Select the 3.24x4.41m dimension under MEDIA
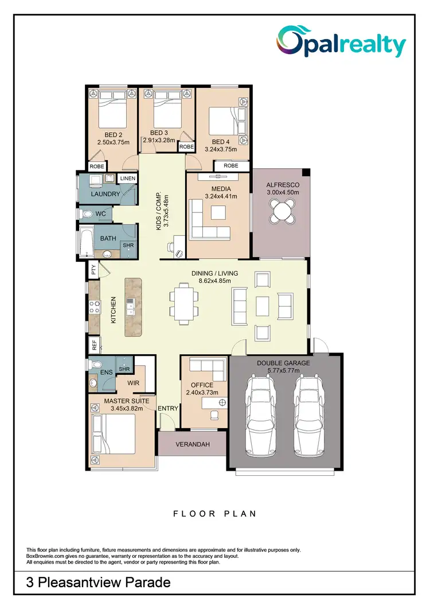(221, 196)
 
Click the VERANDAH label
(192, 444)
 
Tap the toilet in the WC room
(88, 214)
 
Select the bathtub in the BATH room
(87, 242)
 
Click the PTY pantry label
(93, 269)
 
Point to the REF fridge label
(94, 345)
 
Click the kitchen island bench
(132, 307)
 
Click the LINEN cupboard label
(127, 179)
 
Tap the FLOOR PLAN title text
(214, 514)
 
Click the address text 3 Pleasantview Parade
(99, 583)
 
